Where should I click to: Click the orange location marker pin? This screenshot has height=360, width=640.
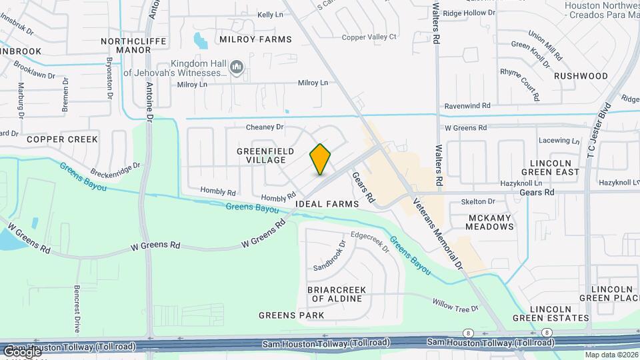click(320, 159)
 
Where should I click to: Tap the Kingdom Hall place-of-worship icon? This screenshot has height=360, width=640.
click(236, 67)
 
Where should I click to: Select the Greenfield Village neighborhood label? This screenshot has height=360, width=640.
click(265, 155)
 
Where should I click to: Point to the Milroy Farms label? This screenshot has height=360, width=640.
click(255, 39)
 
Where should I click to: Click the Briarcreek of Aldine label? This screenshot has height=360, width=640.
click(335, 294)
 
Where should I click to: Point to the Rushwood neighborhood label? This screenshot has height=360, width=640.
click(581, 76)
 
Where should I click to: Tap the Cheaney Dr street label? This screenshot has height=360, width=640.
click(265, 127)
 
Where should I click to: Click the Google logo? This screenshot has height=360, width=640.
click(21, 351)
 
